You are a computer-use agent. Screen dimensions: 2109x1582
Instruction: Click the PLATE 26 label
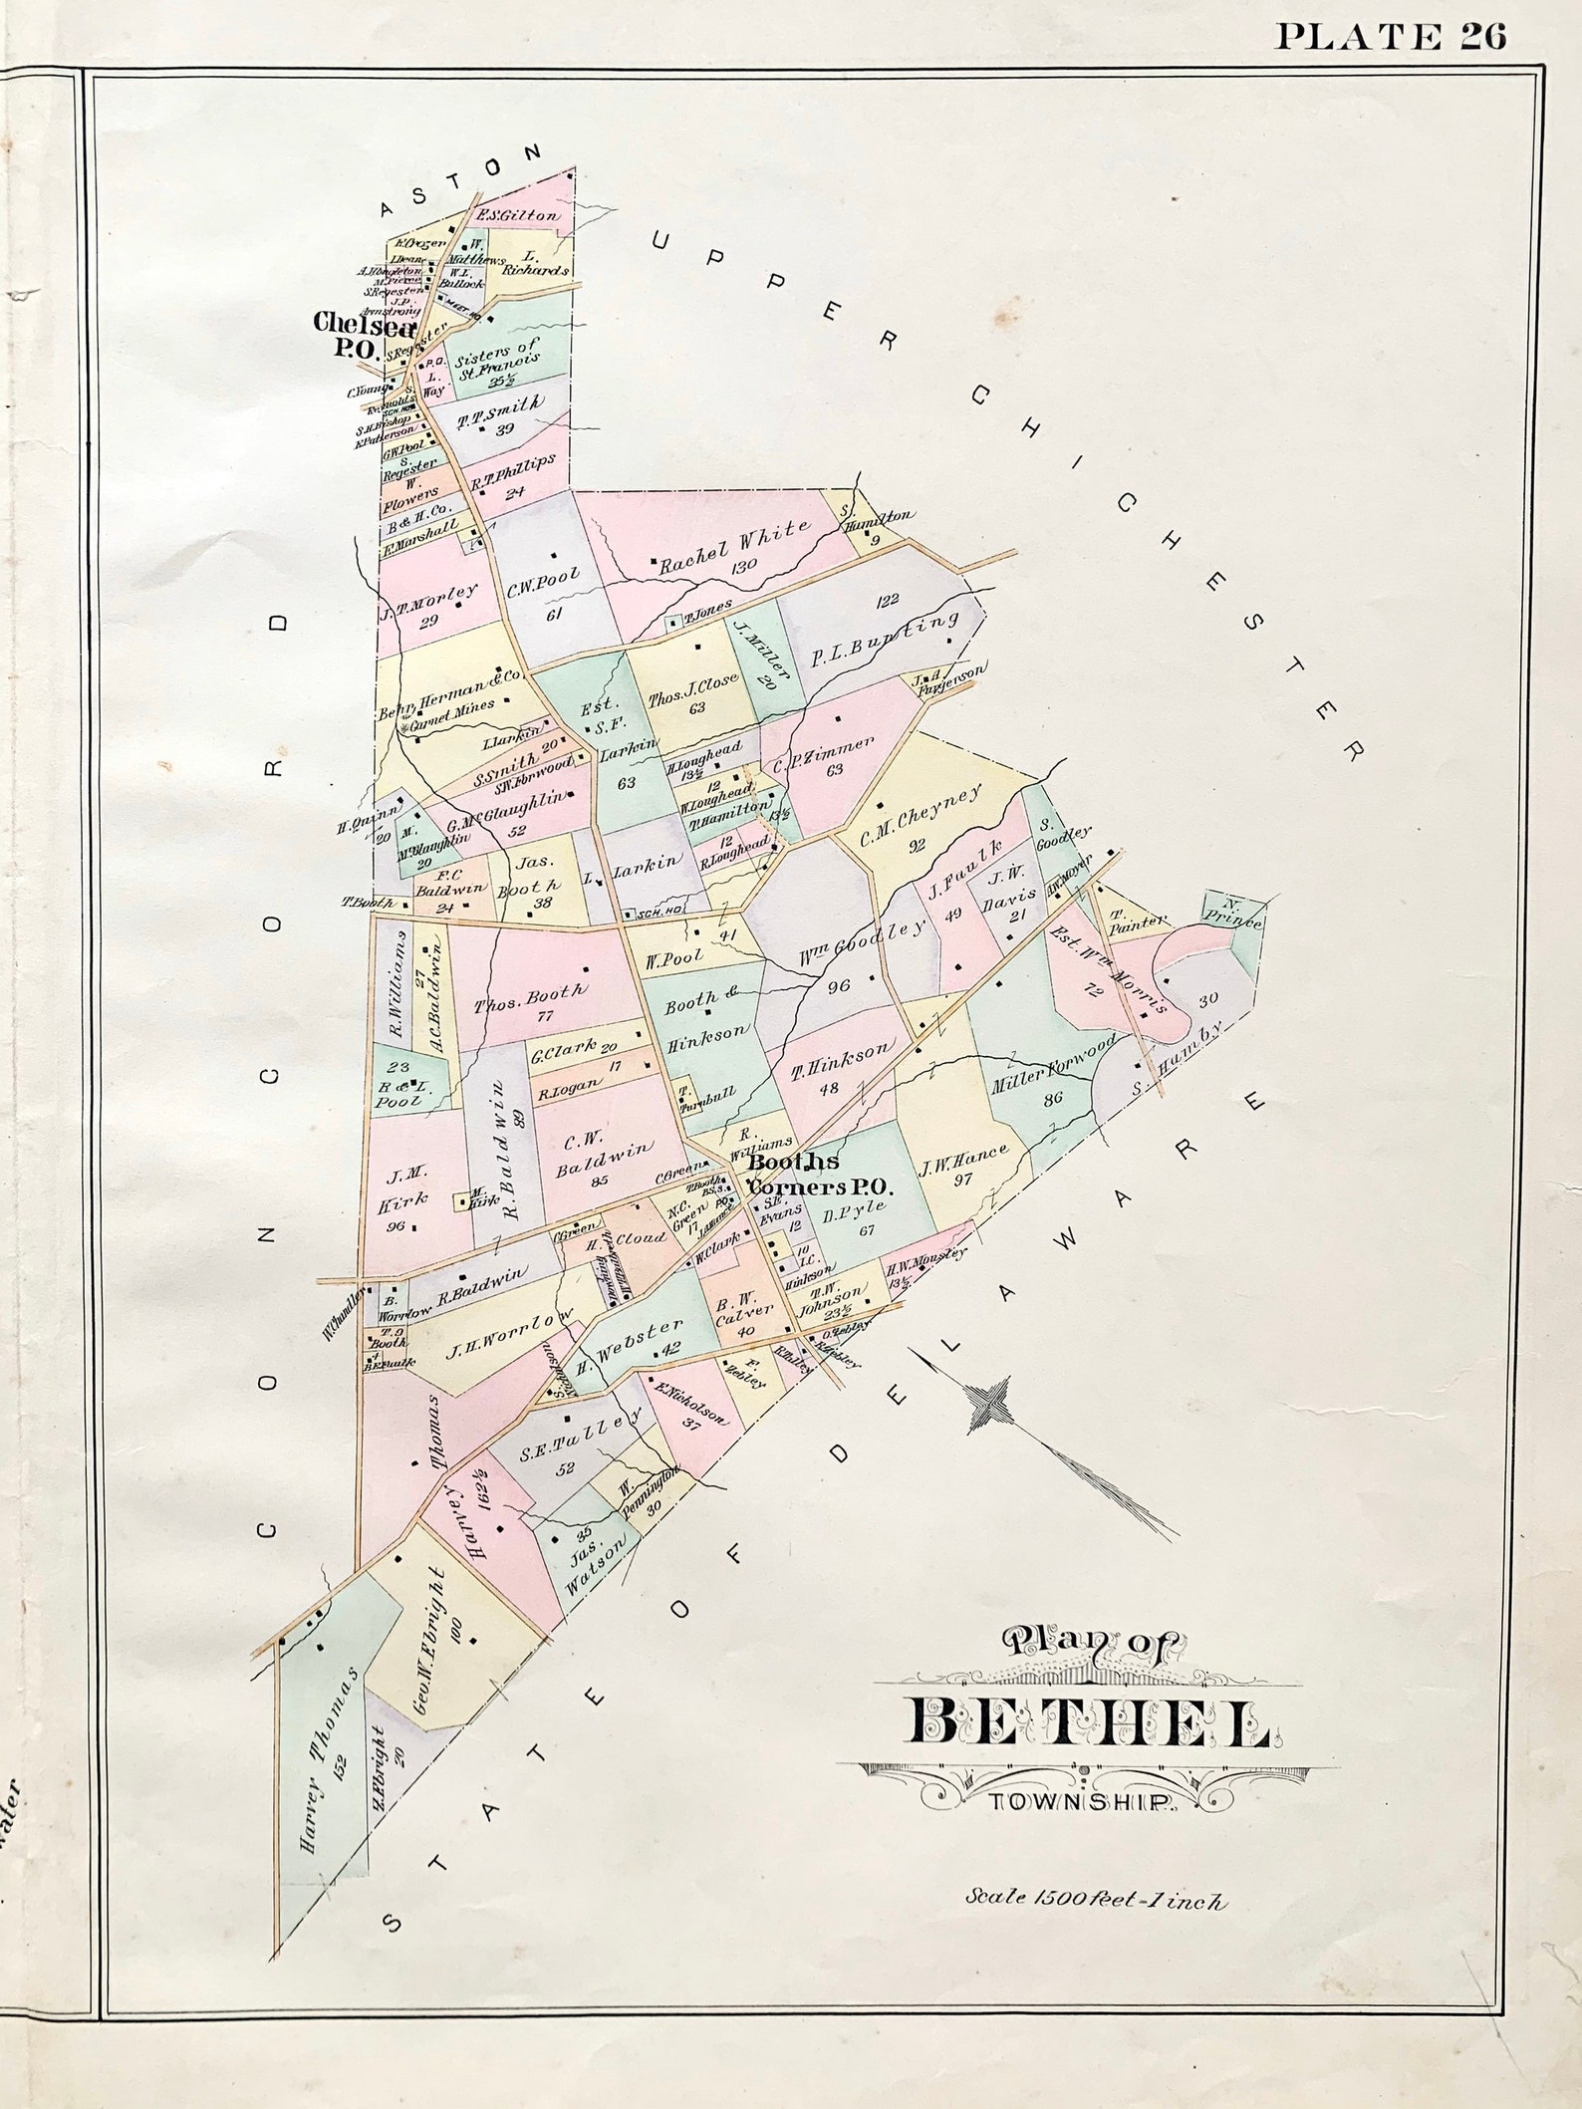pyautogui.click(x=1392, y=37)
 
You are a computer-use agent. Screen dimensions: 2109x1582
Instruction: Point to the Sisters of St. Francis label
pyautogui.click(x=495, y=361)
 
